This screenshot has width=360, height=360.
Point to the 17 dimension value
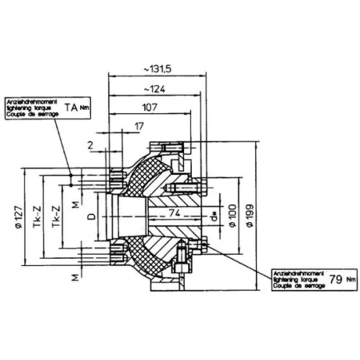[139, 127]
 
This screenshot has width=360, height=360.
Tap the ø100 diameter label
[232, 217]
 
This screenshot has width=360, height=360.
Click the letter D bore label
[91, 217]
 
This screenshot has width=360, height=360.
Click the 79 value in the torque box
[335, 278]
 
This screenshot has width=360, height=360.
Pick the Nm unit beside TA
[84, 108]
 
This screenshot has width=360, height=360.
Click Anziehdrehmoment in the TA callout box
[30, 103]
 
